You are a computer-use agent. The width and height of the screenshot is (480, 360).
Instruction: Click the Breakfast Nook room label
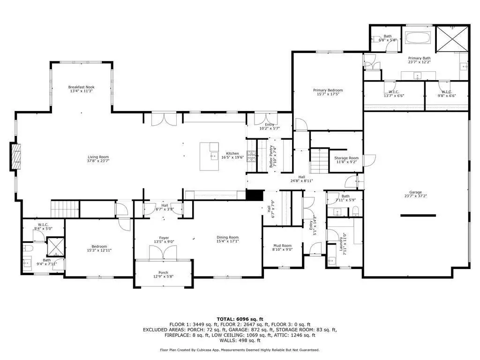[x=81, y=87]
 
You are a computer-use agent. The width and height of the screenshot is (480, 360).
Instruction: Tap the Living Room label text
[x=98, y=157]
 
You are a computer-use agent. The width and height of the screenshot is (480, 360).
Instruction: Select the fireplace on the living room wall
[x=16, y=157]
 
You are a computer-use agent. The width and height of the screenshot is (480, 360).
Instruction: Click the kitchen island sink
[x=213, y=157]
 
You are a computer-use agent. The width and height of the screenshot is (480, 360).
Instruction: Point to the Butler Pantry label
[x=271, y=156]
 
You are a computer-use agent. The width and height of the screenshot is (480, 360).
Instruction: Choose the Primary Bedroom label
[x=328, y=90]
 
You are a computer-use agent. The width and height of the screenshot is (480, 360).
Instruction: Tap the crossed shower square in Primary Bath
[x=452, y=38]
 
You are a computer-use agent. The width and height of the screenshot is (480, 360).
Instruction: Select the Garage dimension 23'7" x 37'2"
[x=415, y=196]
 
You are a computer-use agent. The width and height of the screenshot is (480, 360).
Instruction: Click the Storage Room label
[x=346, y=158]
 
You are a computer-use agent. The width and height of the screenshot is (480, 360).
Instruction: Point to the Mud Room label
[x=282, y=246]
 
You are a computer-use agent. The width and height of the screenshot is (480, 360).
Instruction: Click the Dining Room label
[x=227, y=237]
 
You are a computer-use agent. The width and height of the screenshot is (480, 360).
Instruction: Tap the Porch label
[x=163, y=272]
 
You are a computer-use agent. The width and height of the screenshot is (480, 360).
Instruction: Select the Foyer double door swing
[x=163, y=253]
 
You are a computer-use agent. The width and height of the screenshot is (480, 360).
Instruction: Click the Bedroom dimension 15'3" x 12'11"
[x=99, y=250]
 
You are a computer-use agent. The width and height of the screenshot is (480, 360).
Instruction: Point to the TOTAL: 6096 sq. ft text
[x=240, y=319]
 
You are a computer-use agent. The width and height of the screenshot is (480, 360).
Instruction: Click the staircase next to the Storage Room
[x=320, y=161]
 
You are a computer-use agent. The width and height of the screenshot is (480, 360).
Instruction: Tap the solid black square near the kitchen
[x=255, y=195]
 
